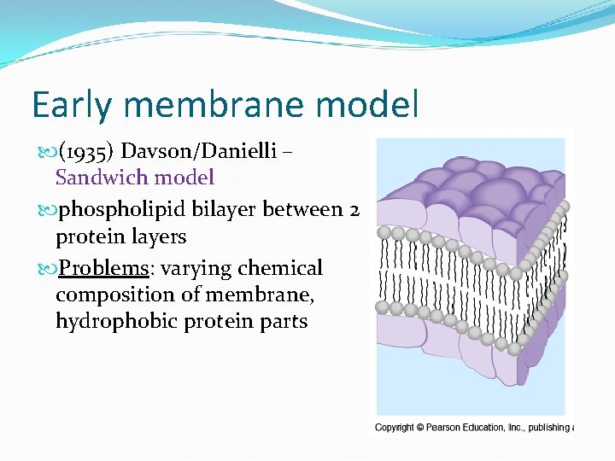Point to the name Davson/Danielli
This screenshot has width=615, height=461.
click(199, 152)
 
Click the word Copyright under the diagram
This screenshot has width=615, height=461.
click(395, 428)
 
